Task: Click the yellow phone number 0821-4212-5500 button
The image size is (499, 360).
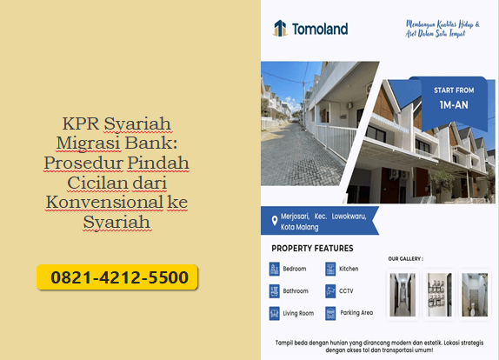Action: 118,278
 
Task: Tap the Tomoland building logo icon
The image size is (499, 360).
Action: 280,29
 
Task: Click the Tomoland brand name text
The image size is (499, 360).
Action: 320,29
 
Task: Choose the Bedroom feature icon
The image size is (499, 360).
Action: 275,269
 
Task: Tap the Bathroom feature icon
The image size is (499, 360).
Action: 275,290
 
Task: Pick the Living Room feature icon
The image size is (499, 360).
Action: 275,313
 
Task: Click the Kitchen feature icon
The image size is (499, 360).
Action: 330,269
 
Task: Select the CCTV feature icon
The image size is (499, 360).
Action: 330,290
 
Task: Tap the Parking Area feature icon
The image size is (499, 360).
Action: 330,313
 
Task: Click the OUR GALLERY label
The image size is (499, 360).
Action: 405,258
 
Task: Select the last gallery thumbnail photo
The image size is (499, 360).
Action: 475,294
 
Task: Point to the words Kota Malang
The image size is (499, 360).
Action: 300,227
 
